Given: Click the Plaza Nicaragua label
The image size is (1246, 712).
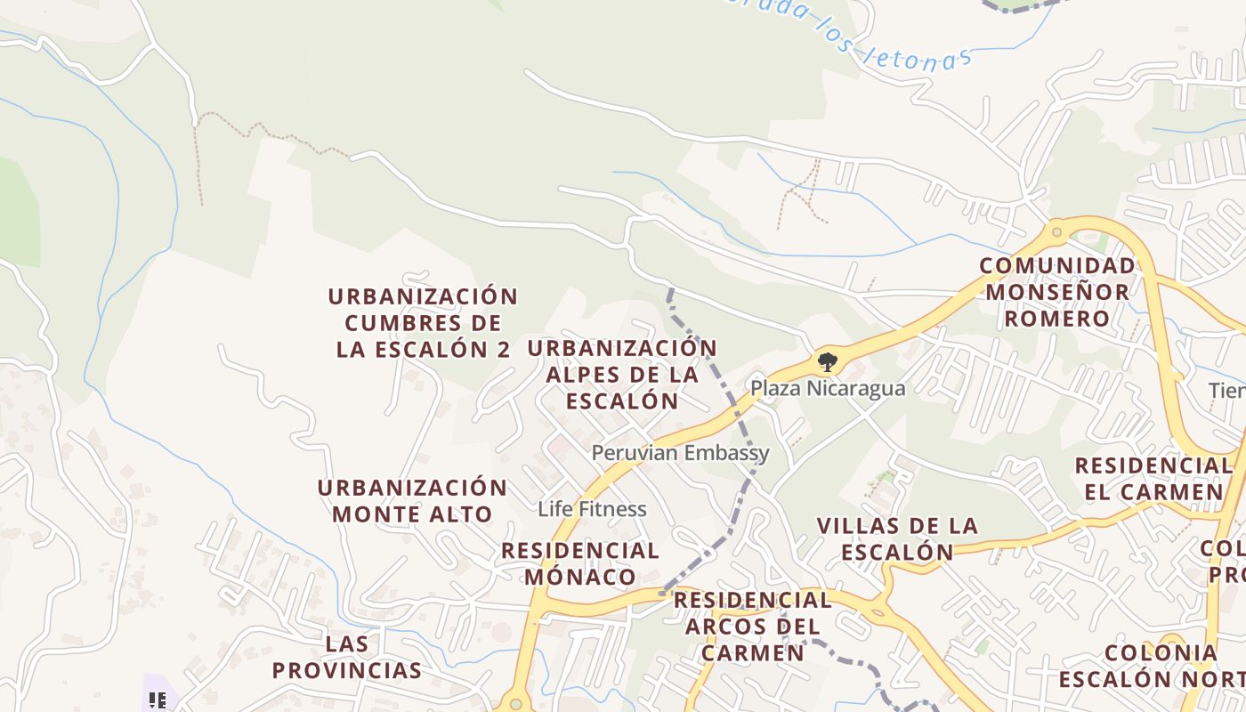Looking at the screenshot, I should tap(828, 389).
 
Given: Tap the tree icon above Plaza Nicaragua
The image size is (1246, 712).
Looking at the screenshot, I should tap(828, 361).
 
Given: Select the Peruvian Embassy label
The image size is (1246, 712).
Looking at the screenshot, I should tap(680, 453).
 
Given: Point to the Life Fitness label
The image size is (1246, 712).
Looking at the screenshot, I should tap(592, 509).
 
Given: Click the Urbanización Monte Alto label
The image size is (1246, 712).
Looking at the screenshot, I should tap(412, 501).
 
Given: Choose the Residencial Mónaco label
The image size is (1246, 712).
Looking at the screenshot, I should tap(580, 563).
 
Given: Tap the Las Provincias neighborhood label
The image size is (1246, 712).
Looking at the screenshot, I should tap(346, 657).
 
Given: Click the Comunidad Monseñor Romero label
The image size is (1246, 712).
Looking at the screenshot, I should tap(1057, 292).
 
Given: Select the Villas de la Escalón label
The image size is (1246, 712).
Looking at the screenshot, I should tap(897, 539).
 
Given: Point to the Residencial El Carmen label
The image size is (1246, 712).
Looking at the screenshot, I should tap(1153, 479).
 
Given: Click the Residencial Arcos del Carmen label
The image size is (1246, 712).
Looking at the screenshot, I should tap(752, 627).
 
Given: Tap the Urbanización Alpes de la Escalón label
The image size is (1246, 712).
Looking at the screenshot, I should tap(622, 374).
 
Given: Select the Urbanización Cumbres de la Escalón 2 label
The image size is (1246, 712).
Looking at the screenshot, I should tap(423, 322).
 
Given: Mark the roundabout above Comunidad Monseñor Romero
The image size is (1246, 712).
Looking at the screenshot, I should tap(1056, 232).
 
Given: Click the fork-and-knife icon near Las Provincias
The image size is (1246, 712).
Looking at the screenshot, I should tap(158, 700).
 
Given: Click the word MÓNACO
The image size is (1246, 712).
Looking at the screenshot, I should tap(580, 577).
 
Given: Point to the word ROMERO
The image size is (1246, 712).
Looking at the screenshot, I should tap(1057, 319).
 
